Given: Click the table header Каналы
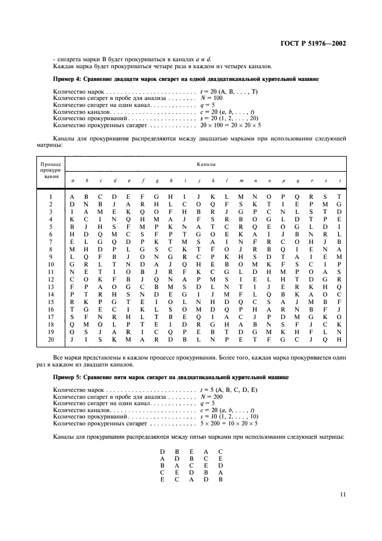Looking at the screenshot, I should [206, 165].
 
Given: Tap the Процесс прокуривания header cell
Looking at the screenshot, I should [51, 171].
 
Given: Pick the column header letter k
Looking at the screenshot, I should [213, 181].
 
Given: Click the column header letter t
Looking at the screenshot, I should [340, 181].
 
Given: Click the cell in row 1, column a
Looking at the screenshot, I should [72, 197].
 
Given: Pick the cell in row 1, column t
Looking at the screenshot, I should [340, 197].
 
